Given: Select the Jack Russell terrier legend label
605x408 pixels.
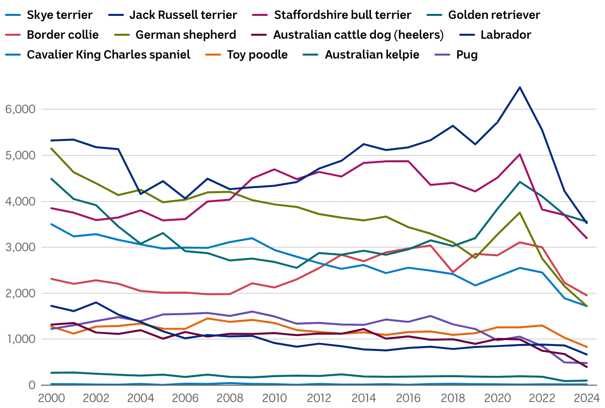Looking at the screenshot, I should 183,15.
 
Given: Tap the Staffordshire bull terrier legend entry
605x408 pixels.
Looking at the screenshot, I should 343,15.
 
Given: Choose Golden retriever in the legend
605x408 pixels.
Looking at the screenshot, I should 494,15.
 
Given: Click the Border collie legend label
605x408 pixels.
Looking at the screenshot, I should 62,35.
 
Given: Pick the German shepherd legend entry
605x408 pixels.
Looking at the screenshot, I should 185,35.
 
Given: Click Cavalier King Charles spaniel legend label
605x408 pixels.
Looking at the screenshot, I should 109,55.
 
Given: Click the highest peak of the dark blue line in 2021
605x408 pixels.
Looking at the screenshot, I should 520,87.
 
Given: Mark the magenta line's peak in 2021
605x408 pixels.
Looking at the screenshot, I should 520,154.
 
